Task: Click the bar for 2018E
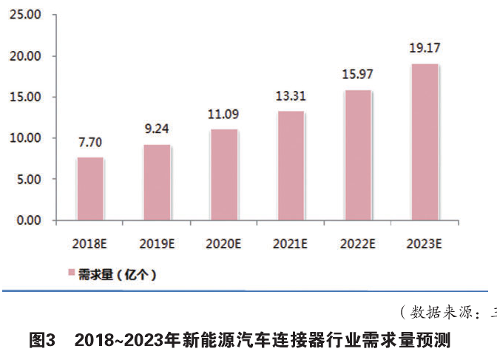[x=90, y=189]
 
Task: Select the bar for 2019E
[x=157, y=183]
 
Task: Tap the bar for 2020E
[x=224, y=175]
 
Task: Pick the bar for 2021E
[x=291, y=166]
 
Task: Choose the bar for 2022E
[x=358, y=155]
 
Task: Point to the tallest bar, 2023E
[x=425, y=142]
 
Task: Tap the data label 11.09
[x=224, y=114]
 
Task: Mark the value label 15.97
[x=358, y=76]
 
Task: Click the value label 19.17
[x=425, y=49]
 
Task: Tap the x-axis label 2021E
[x=291, y=243]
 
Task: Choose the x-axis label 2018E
[x=90, y=243]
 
